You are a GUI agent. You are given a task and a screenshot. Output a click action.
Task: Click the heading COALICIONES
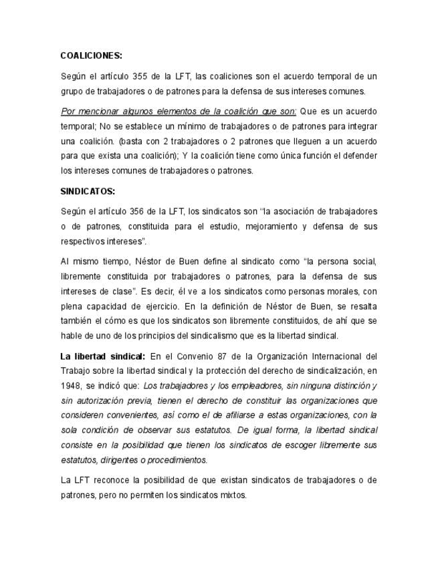91,55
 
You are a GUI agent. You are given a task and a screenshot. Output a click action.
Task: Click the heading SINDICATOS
88,191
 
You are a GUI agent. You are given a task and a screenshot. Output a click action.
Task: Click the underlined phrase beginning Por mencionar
178,111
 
